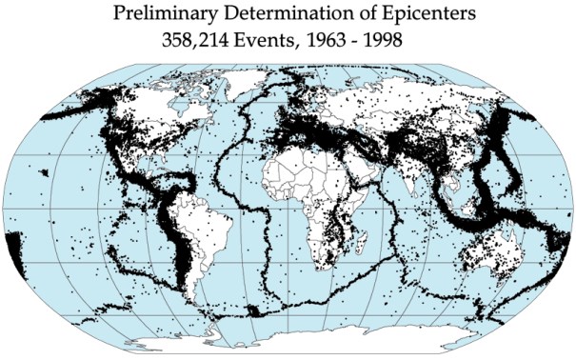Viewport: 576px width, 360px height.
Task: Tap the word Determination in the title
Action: click(271, 15)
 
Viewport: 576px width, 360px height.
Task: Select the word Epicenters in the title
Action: click(401, 15)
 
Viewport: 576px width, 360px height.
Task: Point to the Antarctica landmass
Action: click(314, 338)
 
